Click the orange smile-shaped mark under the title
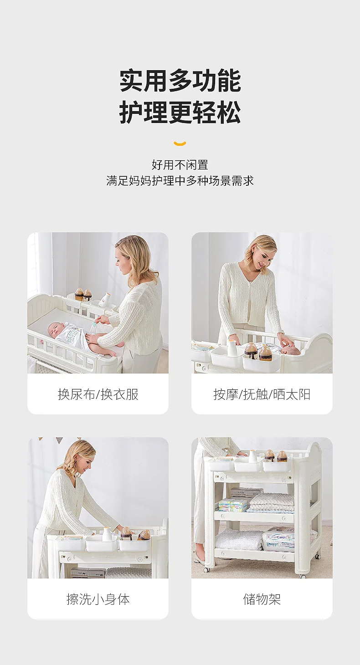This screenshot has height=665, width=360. [180, 143]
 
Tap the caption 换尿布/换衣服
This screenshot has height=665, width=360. [98, 394]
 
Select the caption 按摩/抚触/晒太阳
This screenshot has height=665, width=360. [262, 394]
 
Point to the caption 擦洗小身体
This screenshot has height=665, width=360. [98, 599]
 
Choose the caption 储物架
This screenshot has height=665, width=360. [262, 599]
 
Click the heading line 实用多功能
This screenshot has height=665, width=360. [180, 81]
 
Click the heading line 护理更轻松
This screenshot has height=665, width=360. [180, 112]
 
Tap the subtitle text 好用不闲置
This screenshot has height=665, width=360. [180, 165]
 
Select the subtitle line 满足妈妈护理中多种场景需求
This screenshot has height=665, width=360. [180, 181]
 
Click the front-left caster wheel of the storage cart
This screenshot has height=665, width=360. [206, 569]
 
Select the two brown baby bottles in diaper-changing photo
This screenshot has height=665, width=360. [83, 295]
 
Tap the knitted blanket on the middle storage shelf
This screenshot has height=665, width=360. [272, 502]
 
